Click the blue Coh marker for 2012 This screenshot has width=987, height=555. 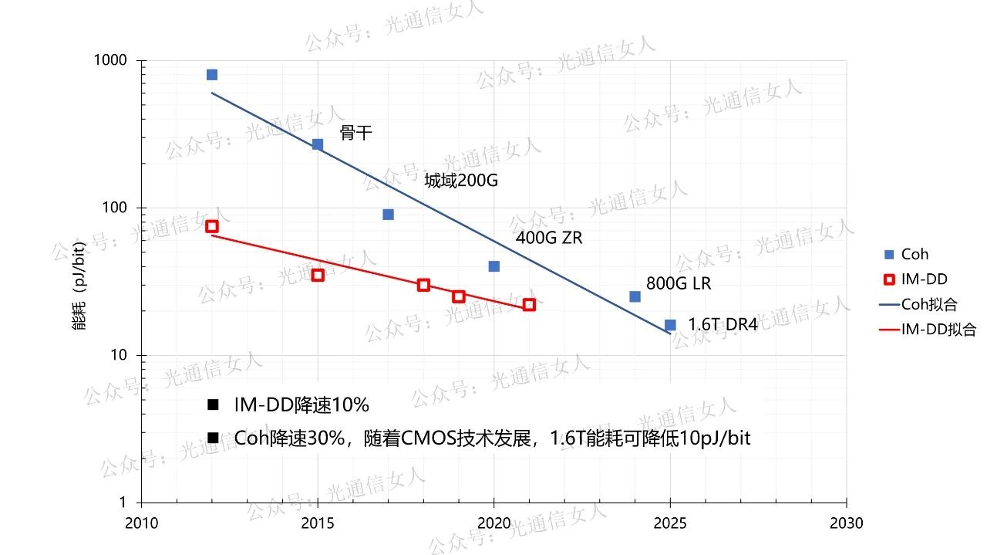211,74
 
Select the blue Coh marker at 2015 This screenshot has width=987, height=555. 317,144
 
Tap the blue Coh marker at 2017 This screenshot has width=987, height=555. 388,214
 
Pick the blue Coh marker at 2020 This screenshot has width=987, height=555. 493,266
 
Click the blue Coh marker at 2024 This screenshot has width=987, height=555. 635,296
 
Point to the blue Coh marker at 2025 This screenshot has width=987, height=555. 670,325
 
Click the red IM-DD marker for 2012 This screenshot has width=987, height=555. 211,226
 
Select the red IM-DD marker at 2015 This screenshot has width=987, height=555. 317,275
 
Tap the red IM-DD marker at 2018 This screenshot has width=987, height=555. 423,285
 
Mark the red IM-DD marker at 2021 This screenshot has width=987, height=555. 529,305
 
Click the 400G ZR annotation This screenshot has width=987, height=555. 548,238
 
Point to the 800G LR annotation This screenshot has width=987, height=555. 679,283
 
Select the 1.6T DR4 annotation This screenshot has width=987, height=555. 723,325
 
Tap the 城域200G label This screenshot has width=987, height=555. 460,181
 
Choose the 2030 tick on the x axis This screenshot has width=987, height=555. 847,523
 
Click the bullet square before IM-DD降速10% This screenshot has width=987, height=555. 213,405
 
